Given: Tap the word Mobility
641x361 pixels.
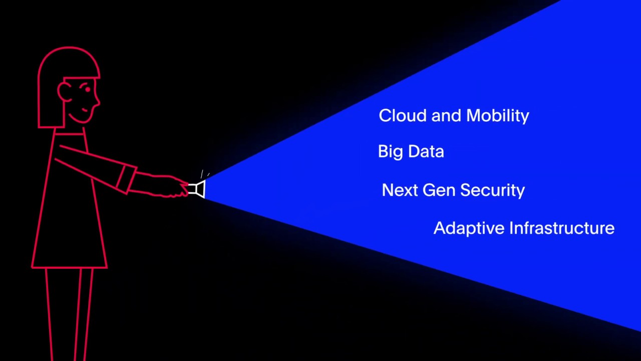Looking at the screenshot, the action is coord(498,116).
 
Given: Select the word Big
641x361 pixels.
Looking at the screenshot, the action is coord(391,152).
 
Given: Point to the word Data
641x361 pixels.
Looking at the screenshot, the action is coord(426,151).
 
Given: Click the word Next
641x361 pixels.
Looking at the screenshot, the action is coord(400,190).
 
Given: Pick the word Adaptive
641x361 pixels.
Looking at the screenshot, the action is coord(469,228).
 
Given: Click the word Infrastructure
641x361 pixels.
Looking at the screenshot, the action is coord(562,228).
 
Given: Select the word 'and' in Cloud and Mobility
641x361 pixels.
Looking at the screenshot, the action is coord(446,115).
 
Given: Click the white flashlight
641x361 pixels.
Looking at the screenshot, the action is coord(197,189).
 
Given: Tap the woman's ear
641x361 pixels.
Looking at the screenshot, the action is coord(64,92).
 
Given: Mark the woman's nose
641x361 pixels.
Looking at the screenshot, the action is coord(97,101).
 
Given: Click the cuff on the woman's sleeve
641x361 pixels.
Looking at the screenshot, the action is coord(126,179).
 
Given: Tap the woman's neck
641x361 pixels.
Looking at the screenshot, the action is coord(70,131).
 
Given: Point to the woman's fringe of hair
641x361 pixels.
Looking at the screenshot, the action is coord(82,78).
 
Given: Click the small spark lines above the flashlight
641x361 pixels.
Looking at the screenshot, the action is coord(204,174).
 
